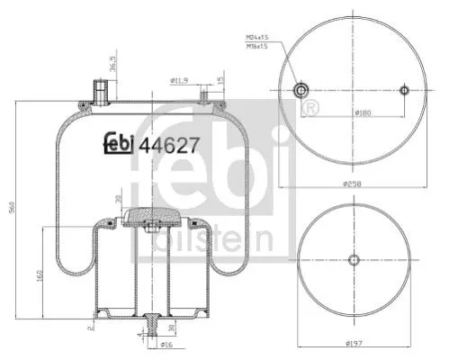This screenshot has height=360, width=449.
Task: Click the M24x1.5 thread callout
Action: click(258, 37)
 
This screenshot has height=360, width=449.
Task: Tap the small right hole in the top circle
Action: click(404, 90)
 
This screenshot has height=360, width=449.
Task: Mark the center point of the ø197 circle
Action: click(353, 260)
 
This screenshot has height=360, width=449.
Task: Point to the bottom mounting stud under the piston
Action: click(148, 324)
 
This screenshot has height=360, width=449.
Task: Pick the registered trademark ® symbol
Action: click(312, 109)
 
